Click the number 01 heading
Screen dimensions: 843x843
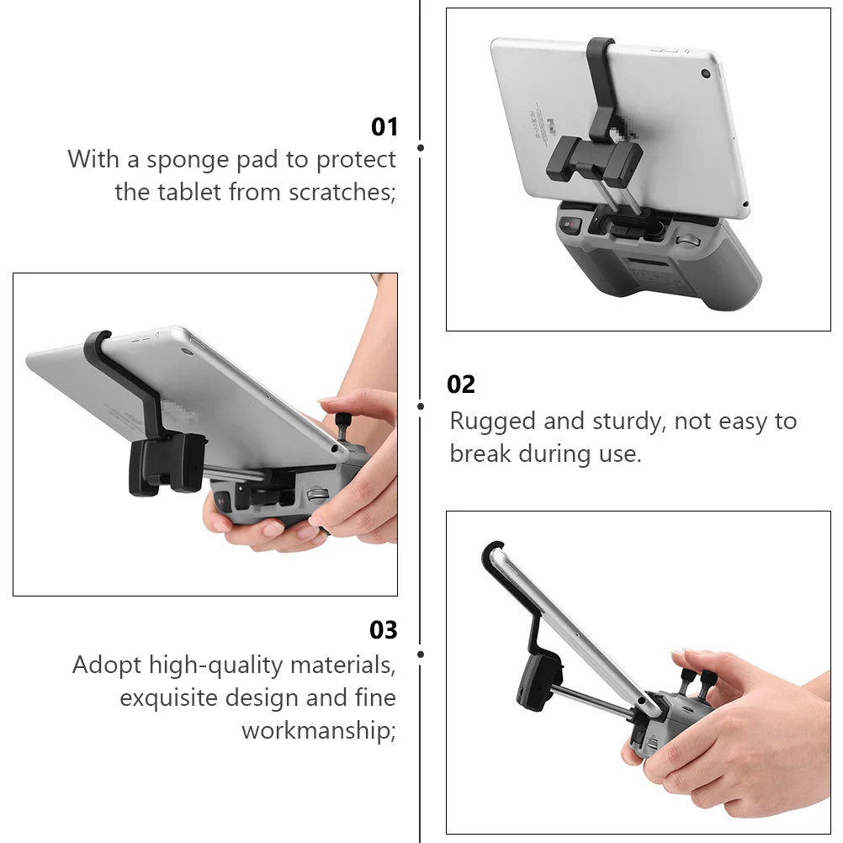[x=384, y=127]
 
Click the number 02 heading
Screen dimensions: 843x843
[x=461, y=384]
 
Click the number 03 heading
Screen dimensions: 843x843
[x=384, y=630]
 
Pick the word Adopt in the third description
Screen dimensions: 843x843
[x=107, y=665]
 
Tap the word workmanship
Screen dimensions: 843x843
[x=318, y=730]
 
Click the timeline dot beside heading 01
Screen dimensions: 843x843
[x=421, y=147]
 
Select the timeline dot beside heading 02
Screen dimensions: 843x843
[x=421, y=406]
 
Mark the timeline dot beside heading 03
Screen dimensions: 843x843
[x=421, y=654]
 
